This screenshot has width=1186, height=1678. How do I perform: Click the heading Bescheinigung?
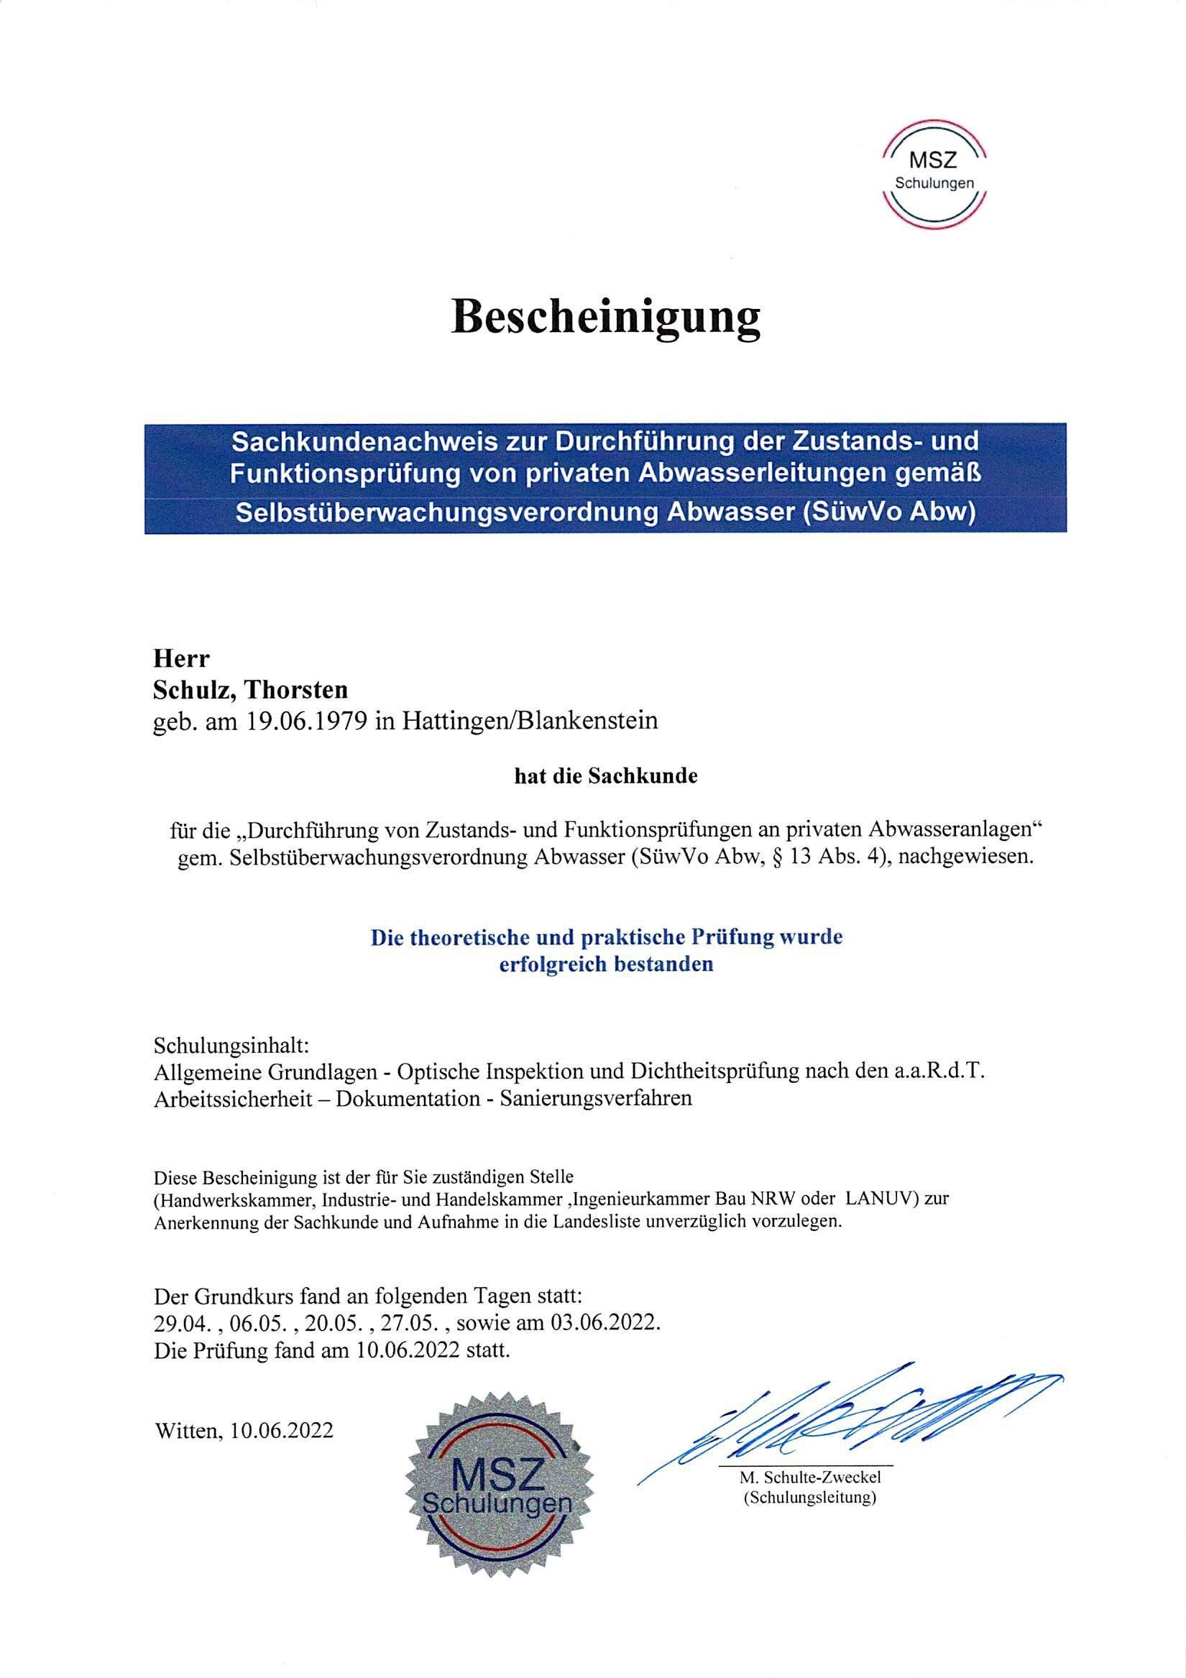[x=605, y=318]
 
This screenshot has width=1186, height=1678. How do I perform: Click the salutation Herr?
[x=180, y=658]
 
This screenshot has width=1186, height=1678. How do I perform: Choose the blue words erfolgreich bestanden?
[x=605, y=964]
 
